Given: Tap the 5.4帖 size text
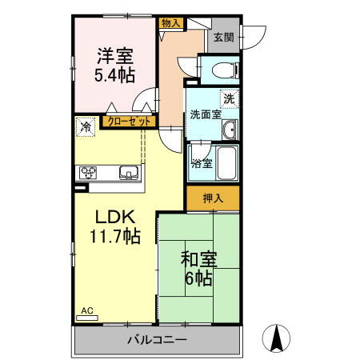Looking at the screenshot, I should (x=115, y=75).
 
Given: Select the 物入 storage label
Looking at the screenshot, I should (x=170, y=24).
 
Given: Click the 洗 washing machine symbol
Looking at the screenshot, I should (x=229, y=99).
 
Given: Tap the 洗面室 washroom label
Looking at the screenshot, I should (x=206, y=114).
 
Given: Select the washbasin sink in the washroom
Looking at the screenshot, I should (x=229, y=130).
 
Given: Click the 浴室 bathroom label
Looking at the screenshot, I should (x=202, y=163).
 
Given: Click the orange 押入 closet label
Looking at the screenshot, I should (x=211, y=198).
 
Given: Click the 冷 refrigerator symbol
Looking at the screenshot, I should (x=85, y=126).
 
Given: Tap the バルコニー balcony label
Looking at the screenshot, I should (x=157, y=340).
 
